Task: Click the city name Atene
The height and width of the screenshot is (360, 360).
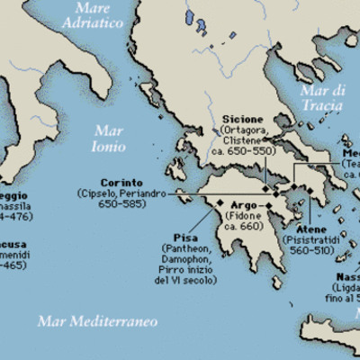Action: point(300,229)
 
